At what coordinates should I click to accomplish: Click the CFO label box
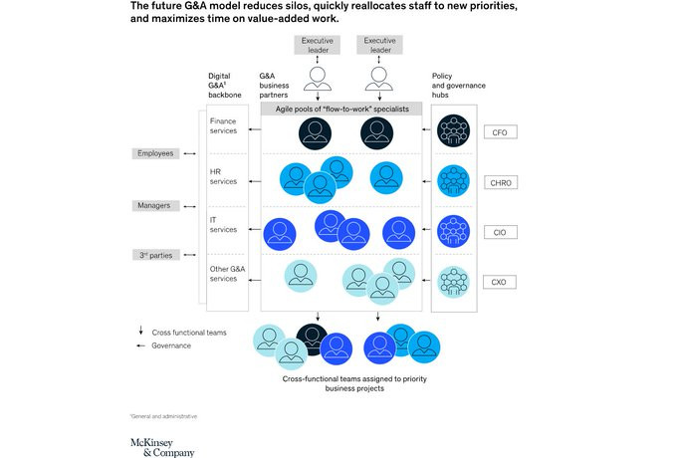[500, 131]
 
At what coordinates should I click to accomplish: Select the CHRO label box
[500, 181]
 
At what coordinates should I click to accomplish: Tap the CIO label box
[500, 231]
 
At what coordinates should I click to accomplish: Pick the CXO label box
[500, 282]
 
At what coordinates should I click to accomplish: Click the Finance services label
[223, 125]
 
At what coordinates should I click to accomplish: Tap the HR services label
[222, 177]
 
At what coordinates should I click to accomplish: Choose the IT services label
[223, 224]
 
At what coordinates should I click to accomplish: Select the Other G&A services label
[223, 274]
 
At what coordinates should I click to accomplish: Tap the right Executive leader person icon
[374, 77]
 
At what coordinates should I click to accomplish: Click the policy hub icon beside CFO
[453, 131]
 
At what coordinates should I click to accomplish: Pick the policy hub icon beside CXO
[453, 281]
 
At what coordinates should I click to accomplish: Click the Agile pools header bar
[341, 108]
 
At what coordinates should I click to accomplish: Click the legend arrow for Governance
[141, 345]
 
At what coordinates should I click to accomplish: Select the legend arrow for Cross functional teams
[141, 331]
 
